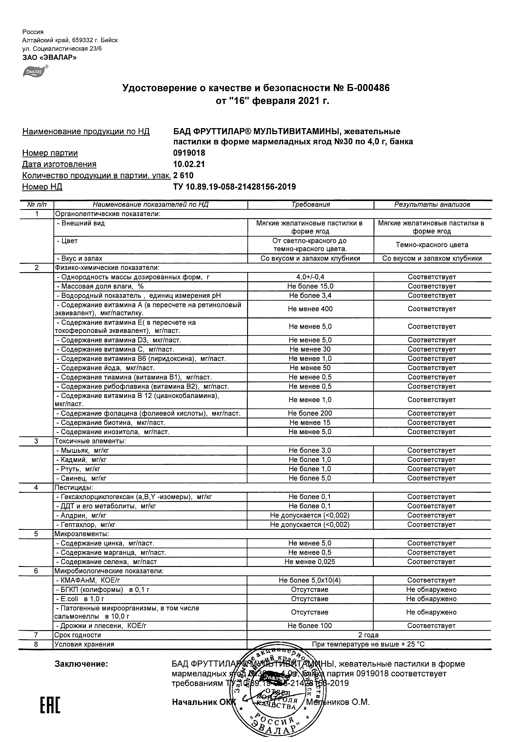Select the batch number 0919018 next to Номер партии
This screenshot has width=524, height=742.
[189, 153]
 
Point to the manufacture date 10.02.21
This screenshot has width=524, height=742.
[189, 164]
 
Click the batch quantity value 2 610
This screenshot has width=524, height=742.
[183, 175]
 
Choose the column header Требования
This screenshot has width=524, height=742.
[310, 204]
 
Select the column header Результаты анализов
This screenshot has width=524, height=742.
[432, 204]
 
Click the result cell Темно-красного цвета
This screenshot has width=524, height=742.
[432, 245]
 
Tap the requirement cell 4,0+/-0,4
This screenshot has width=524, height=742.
[310, 277]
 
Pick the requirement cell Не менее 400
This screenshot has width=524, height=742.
[310, 309]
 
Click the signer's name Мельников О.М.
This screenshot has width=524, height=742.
[338, 702]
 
